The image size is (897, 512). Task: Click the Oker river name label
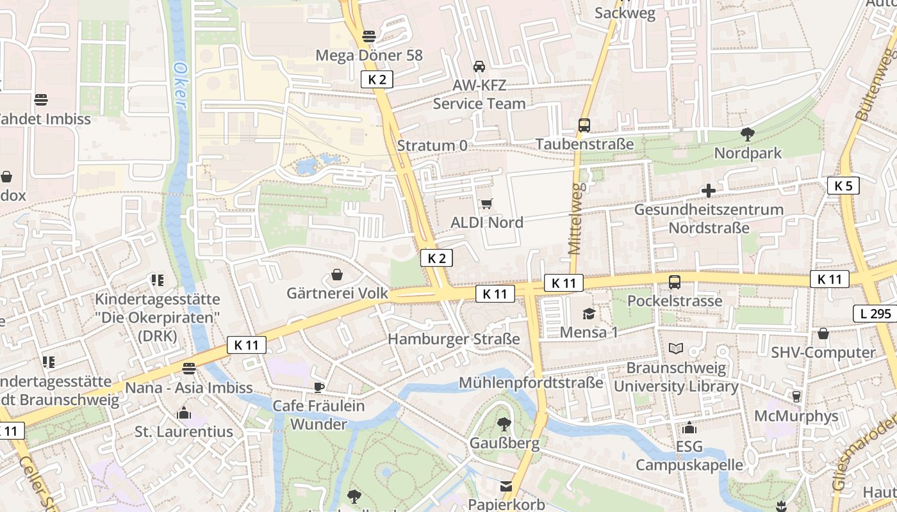181,84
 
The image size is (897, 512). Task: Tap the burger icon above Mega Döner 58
368,36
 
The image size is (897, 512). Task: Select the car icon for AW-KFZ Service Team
479,66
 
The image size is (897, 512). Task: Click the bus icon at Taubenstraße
584,125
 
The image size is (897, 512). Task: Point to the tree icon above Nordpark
747,134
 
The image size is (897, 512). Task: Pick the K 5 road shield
843,186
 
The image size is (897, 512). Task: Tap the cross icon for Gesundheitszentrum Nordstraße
709,191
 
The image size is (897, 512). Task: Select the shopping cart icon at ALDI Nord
487,204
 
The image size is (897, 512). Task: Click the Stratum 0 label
432,145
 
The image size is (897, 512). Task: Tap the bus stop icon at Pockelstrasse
675,282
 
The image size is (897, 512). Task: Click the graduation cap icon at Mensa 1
589,314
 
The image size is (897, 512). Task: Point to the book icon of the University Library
676,349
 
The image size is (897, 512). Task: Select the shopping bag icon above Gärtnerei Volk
337,275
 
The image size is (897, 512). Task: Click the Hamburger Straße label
454,339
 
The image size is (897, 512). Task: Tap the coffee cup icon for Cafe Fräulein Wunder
318,387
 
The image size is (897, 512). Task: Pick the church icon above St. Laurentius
184,413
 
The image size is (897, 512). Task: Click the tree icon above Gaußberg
504,424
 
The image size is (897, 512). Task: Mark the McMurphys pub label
796,416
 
